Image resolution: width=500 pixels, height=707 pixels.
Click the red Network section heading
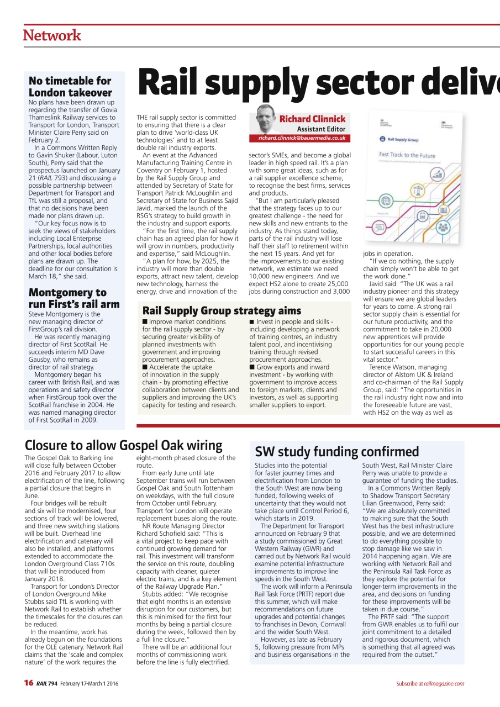coord(52,35)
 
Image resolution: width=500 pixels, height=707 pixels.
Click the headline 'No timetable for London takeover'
coord(70,87)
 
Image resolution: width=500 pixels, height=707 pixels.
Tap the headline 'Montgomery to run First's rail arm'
coord(73,298)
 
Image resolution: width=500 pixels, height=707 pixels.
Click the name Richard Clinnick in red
coord(312,119)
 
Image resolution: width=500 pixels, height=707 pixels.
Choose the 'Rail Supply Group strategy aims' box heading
coord(222,310)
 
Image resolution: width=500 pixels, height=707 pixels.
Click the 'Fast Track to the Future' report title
coord(407,156)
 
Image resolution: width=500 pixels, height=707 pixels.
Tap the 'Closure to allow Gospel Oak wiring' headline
coord(123,445)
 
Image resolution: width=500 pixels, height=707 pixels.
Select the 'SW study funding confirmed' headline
coord(337,451)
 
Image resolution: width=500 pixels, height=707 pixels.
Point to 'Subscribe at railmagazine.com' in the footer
coord(430,684)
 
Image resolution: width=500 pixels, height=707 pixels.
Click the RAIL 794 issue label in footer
coord(47,684)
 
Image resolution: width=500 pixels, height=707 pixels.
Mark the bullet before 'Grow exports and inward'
coord(252,367)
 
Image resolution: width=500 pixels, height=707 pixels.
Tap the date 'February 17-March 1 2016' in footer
coord(89,684)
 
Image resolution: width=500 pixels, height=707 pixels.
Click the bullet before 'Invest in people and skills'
coord(252,322)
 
